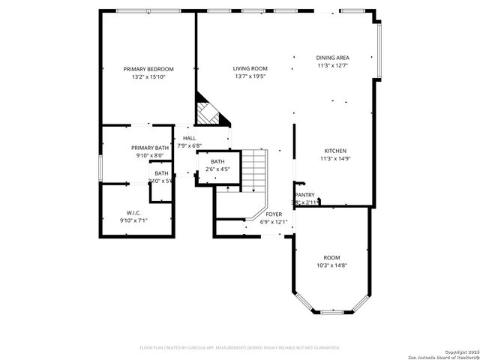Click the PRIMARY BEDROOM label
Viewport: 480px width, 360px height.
point(148,69)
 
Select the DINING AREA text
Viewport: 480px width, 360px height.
point(332,58)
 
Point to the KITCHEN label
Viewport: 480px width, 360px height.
point(334,151)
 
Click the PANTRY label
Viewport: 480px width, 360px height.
point(305,194)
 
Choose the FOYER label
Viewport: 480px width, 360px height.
point(274,214)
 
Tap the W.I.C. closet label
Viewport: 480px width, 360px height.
point(134,213)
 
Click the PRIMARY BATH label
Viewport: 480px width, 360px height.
point(150,148)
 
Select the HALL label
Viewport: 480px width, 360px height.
point(189,138)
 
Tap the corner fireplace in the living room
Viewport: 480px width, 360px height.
point(209,112)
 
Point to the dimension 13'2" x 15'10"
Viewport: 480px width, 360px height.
point(148,76)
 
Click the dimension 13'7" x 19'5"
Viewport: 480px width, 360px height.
point(250,76)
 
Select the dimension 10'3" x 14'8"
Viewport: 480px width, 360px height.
point(331,264)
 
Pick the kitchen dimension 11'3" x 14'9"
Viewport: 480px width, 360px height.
point(334,158)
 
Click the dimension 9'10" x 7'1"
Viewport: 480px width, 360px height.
point(134,220)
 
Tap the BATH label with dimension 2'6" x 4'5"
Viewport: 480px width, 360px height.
point(217,161)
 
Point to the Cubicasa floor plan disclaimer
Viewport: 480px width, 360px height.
point(240,347)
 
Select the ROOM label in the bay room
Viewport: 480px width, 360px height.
point(331,256)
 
